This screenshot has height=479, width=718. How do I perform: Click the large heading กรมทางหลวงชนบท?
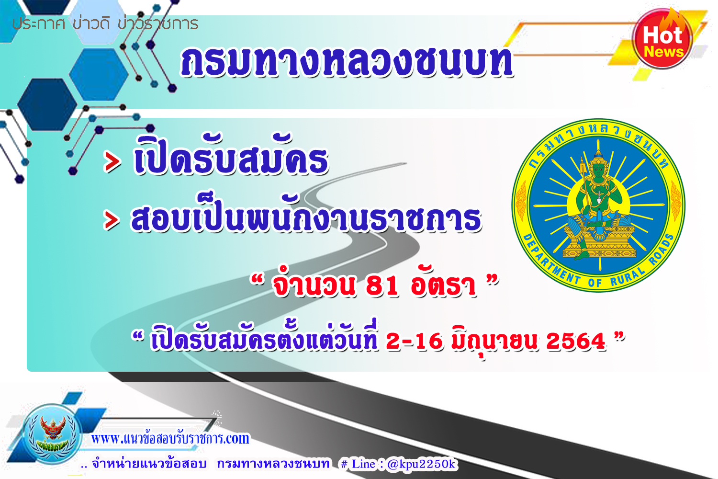[347, 62]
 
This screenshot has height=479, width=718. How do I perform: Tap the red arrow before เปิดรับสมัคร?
[112, 162]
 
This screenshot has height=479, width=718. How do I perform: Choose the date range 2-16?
[415, 341]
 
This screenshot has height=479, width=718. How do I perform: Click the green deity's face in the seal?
[598, 170]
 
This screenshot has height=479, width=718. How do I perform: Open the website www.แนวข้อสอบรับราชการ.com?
[170, 438]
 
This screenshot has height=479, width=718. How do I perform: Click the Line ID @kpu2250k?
[421, 464]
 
